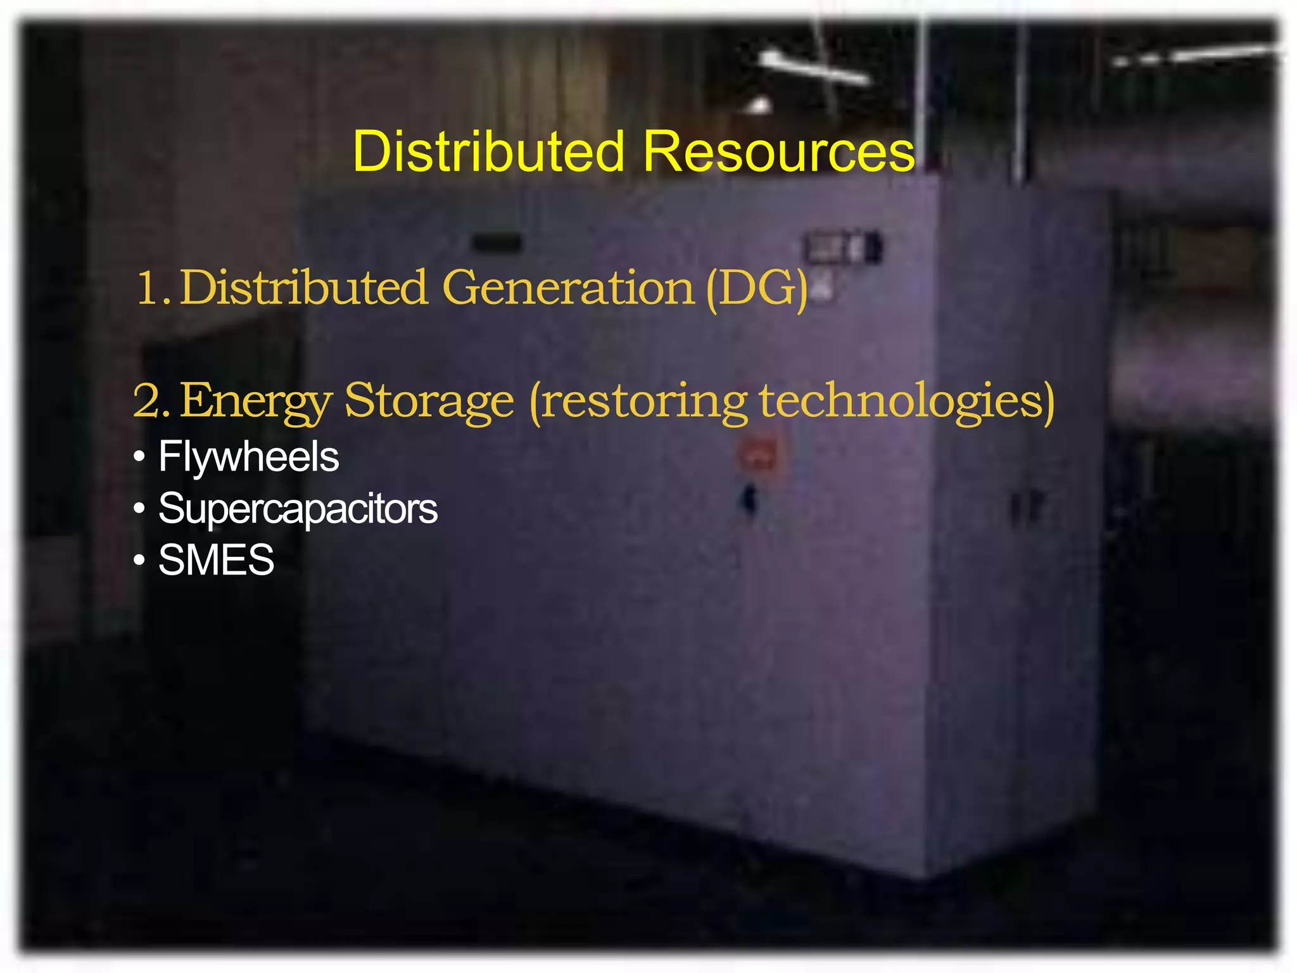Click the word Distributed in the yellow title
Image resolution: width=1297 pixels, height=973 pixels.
tap(488, 151)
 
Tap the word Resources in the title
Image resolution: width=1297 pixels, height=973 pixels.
tap(779, 151)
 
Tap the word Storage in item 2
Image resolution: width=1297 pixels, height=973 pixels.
tap(429, 401)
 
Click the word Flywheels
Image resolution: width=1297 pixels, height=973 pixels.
tap(248, 457)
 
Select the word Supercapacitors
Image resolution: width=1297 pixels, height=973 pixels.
tap(298, 509)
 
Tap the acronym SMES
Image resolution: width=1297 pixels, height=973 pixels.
tap(216, 560)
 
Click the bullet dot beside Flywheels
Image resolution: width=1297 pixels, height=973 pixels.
tap(139, 457)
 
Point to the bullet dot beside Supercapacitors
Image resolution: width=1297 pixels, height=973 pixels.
tap(139, 509)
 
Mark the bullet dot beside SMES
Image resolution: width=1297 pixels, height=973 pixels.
tap(139, 561)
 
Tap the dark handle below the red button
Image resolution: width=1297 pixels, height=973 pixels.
tap(750, 500)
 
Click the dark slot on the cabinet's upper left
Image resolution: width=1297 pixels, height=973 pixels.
tap(497, 243)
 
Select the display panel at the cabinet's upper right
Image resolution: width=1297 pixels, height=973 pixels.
tap(842, 247)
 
